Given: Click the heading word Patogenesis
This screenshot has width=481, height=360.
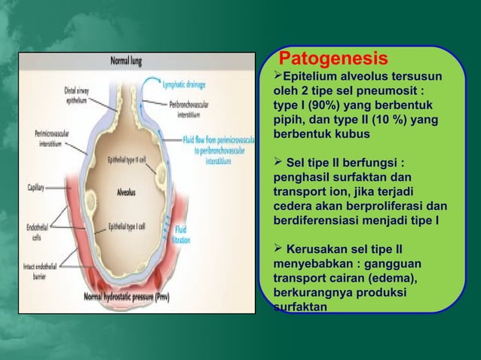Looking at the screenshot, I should point(333,59).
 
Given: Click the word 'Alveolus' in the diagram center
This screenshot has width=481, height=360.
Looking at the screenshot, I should point(120,191).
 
